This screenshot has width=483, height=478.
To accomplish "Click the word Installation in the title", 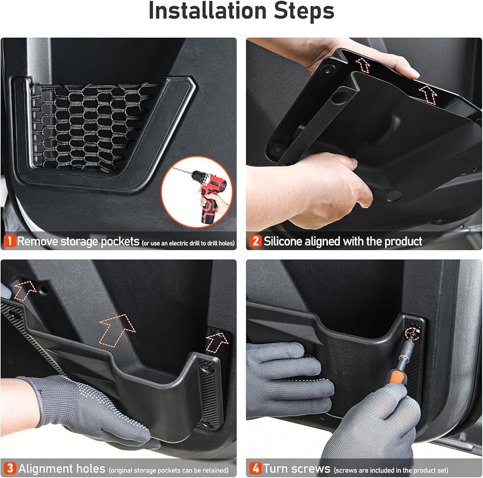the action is (x=207, y=11).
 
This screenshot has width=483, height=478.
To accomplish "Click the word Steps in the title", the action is (x=304, y=11).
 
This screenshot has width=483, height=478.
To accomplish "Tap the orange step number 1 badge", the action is (x=10, y=241).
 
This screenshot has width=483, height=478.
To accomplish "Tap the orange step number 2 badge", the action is (x=256, y=241).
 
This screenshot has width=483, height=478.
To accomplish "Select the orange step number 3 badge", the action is (x=10, y=468).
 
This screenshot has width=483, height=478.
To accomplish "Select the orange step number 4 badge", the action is (x=256, y=468).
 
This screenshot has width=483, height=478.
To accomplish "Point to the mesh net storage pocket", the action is (x=92, y=127).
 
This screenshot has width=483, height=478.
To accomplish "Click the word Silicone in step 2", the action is (x=283, y=241).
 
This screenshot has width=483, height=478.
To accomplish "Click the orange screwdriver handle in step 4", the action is (x=398, y=377).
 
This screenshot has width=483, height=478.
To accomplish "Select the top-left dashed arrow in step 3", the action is (x=25, y=290).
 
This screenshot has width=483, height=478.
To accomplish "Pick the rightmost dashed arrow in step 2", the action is (x=428, y=94).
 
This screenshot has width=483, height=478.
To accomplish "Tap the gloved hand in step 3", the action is (x=89, y=407).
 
